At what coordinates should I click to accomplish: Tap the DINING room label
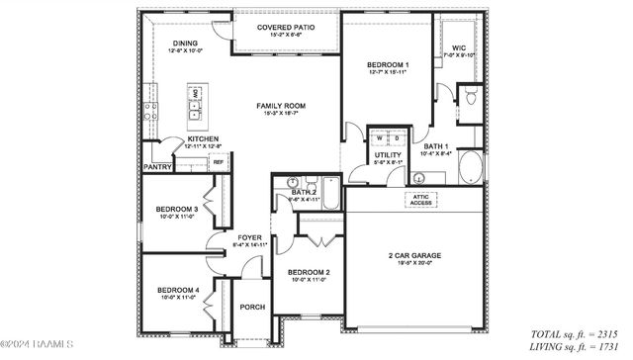coord(185,44)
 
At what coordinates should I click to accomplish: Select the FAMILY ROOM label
coord(281,105)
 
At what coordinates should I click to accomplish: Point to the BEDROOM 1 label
coord(387,64)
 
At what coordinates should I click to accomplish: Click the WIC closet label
coord(459,47)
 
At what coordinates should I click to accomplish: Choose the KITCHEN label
coord(203,138)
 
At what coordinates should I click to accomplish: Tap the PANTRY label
coord(158,167)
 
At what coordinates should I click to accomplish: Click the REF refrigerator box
coord(218,162)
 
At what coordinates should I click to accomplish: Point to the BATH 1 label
coord(433,146)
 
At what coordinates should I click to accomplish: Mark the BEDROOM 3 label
coord(177,210)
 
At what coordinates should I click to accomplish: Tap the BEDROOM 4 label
coord(178,290)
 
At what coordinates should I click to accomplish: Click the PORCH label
coord(253,308)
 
